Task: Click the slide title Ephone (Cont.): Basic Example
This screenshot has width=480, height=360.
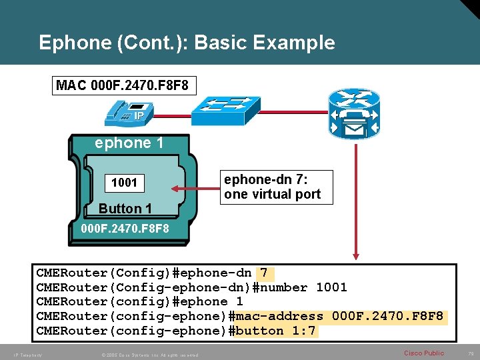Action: coord(187,43)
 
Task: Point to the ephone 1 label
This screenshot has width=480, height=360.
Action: coord(129,143)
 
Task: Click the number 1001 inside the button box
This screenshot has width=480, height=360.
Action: coord(124,183)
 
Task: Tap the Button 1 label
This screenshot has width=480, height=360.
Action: coord(125,209)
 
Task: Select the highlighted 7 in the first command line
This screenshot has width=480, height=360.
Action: coord(264,273)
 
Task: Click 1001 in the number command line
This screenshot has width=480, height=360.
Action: coord(331,287)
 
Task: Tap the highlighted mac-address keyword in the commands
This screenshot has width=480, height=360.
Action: coord(279,316)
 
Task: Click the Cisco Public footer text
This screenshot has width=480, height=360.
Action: coord(424,353)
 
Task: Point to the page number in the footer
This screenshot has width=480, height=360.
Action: coord(470,353)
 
